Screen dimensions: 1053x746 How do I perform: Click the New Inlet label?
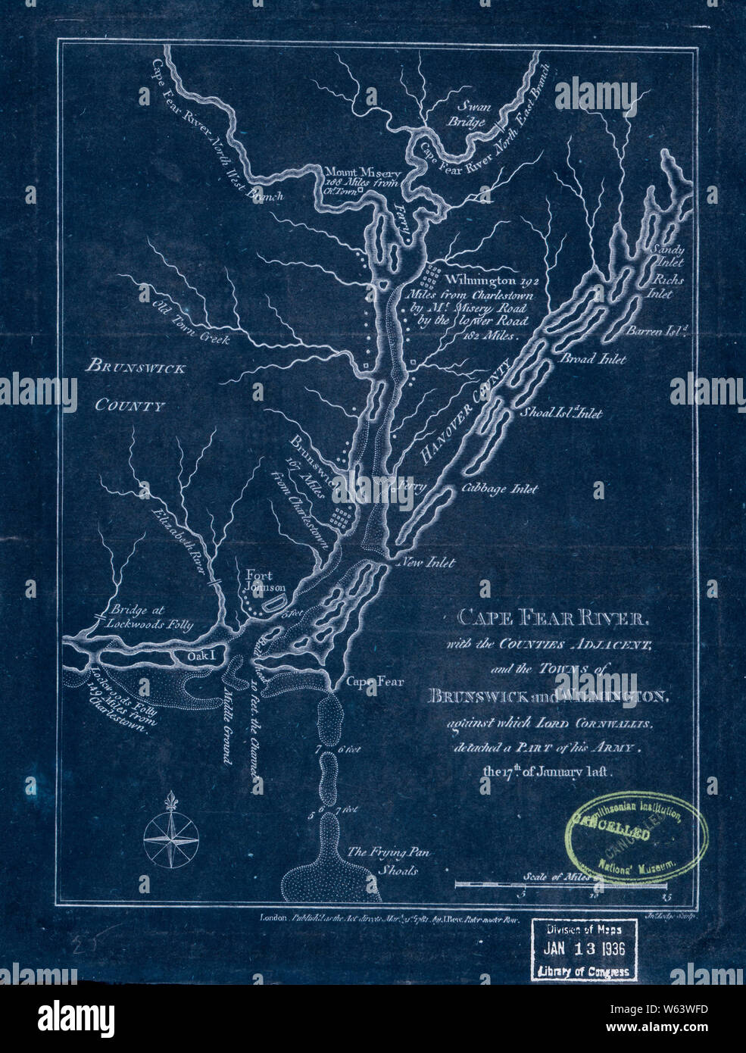(429, 562)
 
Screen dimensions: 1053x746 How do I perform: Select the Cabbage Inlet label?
(499, 489)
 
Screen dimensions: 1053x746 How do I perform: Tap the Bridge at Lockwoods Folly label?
(151, 617)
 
